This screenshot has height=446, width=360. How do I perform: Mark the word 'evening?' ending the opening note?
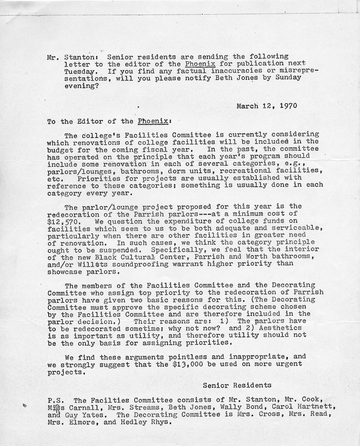63,85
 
